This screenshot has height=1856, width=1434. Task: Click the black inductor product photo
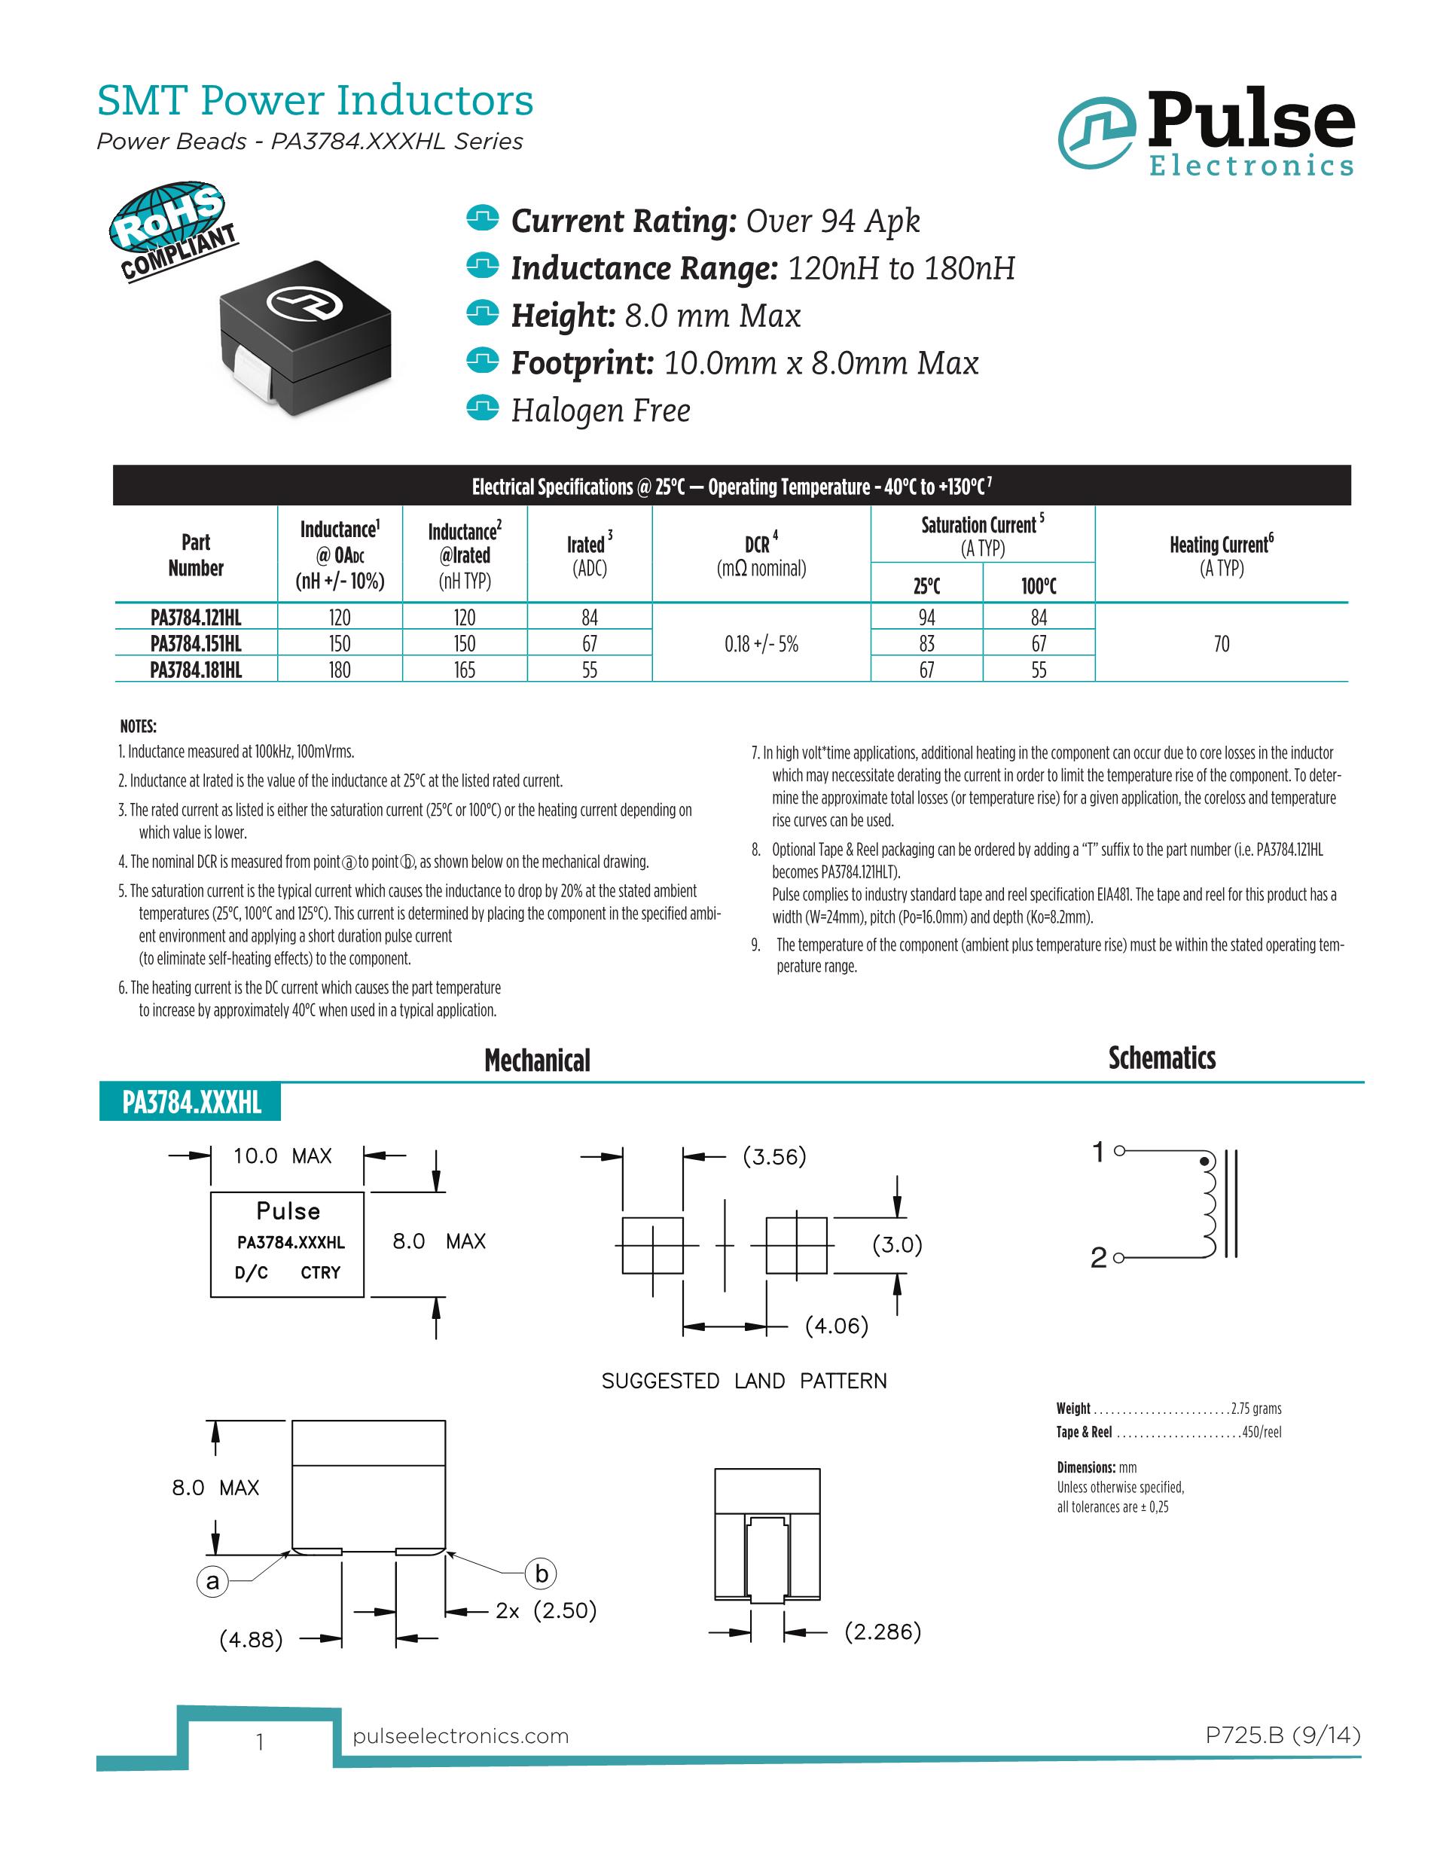point(306,337)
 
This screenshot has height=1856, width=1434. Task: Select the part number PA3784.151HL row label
point(197,643)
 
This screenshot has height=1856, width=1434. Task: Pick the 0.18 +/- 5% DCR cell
point(761,644)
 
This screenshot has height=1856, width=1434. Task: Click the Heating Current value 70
point(1222,644)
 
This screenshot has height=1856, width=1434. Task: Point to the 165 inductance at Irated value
point(465,670)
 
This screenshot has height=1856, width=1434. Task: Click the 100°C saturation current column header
point(1038,585)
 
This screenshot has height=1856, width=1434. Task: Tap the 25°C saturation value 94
point(927,617)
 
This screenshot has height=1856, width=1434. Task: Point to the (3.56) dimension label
point(774,1155)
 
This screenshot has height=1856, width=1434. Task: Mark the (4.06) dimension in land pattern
point(837,1325)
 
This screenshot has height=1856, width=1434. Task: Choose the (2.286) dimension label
point(883,1631)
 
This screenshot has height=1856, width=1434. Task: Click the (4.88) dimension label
point(251,1638)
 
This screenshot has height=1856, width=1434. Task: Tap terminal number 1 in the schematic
point(1098,1152)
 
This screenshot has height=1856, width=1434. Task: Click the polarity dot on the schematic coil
point(1203,1160)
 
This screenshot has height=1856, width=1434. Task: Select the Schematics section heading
point(1161,1058)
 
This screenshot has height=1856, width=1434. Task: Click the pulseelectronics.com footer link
point(460,1735)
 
